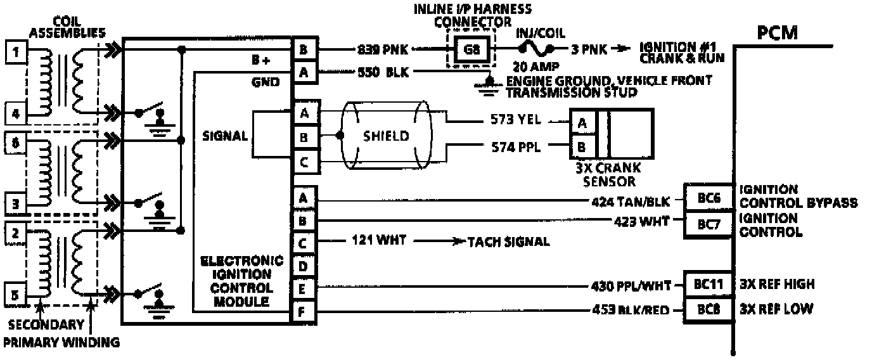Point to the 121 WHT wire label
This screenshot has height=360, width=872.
pyautogui.click(x=379, y=241)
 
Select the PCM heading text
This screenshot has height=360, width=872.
pyautogui.click(x=778, y=32)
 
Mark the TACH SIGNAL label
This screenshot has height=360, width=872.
pyautogui.click(x=508, y=241)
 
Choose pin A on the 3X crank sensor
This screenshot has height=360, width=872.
pyautogui.click(x=582, y=122)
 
